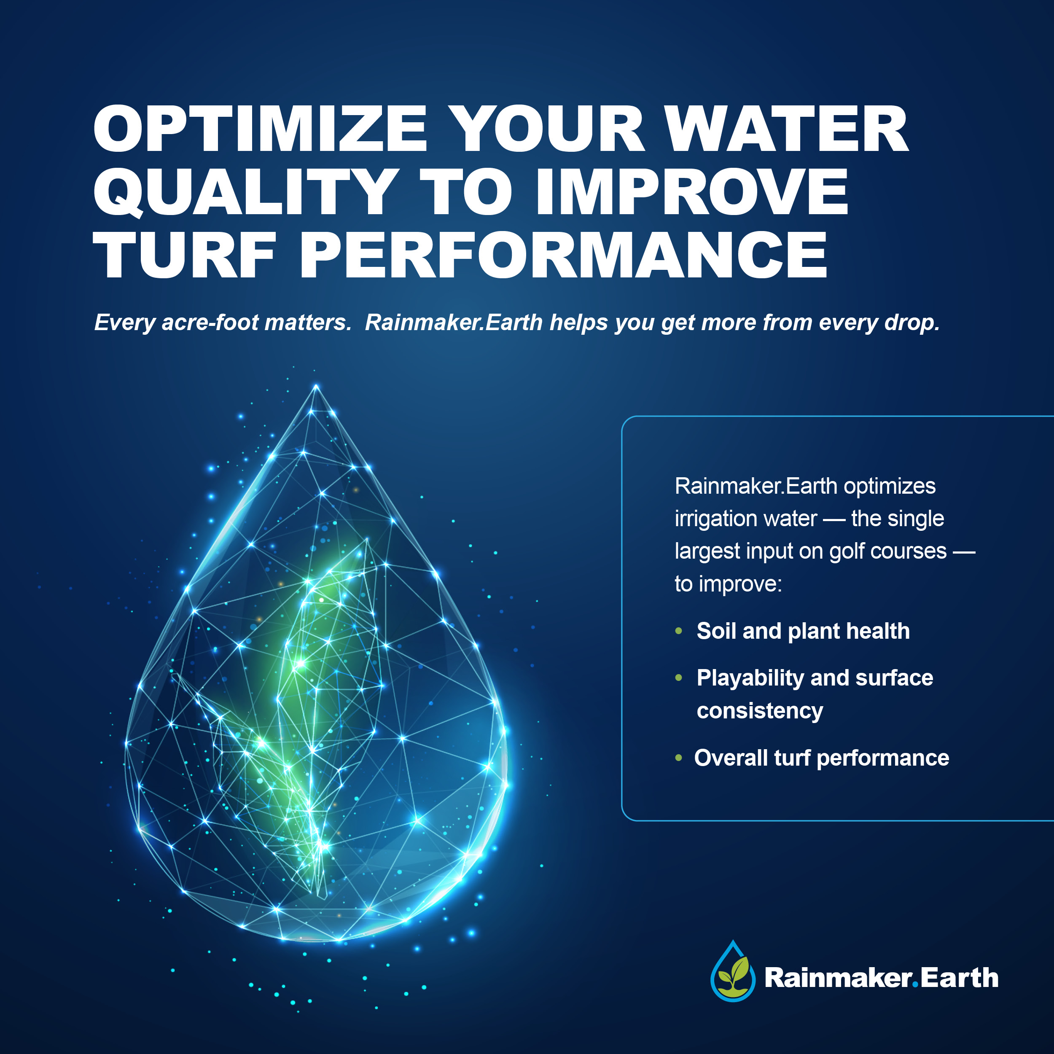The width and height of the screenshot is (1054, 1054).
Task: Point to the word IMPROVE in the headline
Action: [692, 191]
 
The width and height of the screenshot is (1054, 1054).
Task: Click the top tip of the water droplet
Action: [316, 386]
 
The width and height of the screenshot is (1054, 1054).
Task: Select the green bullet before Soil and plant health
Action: [679, 631]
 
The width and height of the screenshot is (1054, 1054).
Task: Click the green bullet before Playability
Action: [679, 678]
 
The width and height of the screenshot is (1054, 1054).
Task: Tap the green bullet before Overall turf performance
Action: [679, 758]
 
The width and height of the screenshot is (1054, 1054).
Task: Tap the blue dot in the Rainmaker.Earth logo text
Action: [915, 985]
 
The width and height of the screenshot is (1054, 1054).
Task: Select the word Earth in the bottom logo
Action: [960, 978]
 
